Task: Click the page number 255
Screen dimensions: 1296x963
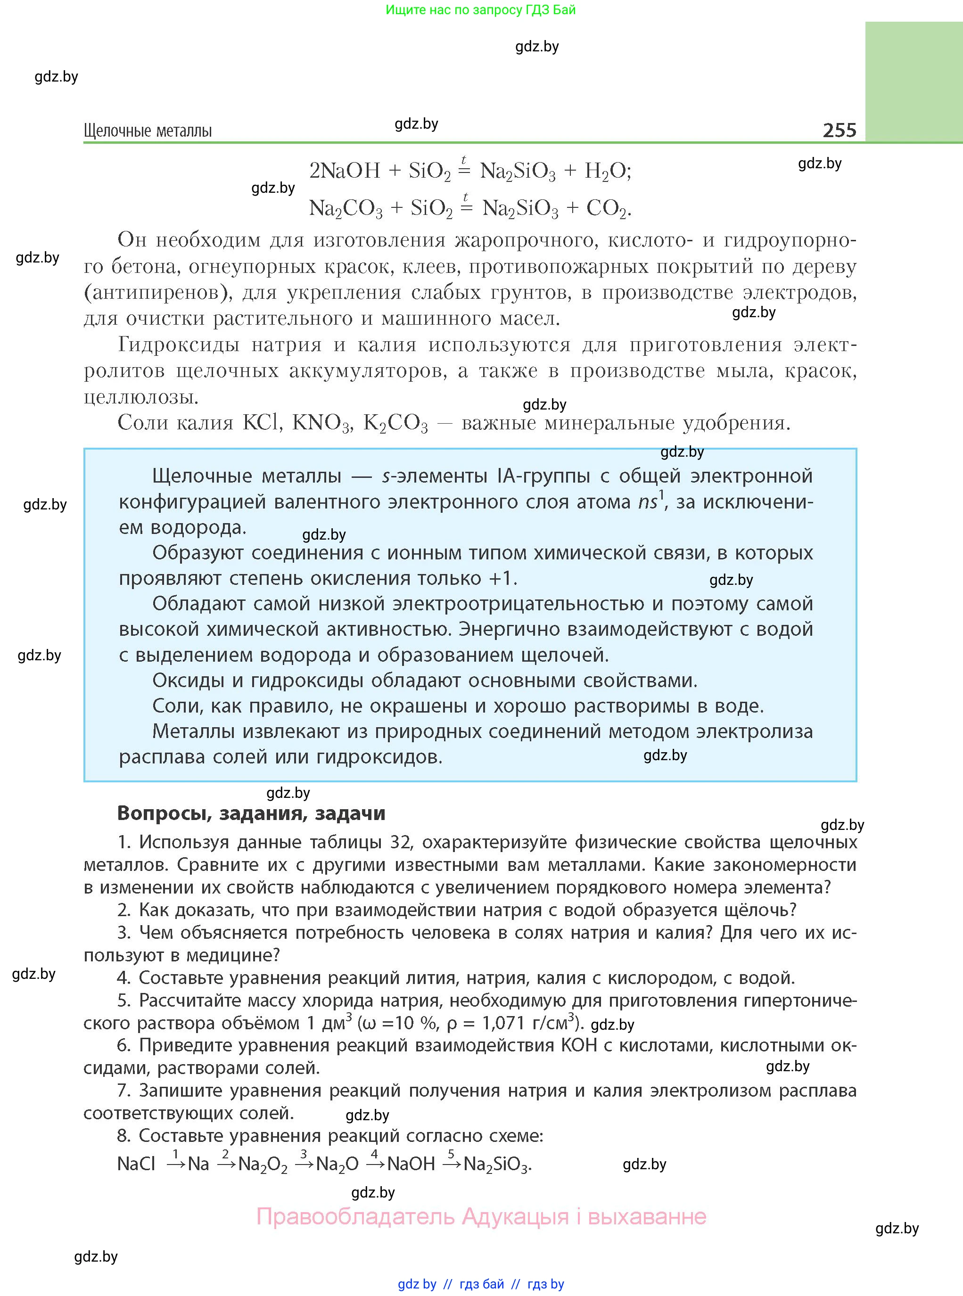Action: click(839, 130)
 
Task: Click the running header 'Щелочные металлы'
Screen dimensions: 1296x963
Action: click(148, 131)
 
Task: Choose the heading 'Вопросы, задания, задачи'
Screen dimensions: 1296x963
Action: click(251, 813)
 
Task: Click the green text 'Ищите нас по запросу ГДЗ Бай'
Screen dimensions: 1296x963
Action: click(480, 10)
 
